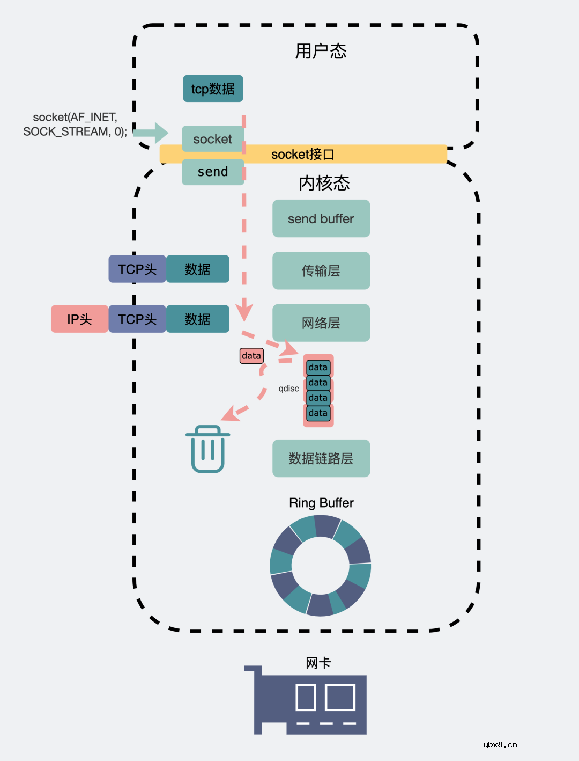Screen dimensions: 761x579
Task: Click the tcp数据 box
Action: [213, 89]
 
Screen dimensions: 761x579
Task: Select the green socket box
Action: [213, 139]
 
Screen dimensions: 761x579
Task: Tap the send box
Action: [213, 172]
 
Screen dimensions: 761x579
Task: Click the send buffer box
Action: [321, 218]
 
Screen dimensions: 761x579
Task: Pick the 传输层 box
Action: [321, 270]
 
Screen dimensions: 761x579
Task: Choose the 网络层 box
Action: [321, 323]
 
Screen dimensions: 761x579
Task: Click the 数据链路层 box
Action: [321, 458]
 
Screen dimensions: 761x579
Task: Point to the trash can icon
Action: [208, 449]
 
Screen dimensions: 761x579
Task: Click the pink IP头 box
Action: [79, 319]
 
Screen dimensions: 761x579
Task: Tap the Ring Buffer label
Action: [321, 503]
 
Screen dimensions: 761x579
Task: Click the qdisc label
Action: [288, 389]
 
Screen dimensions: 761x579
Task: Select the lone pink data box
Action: [251, 356]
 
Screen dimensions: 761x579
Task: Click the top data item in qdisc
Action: [318, 368]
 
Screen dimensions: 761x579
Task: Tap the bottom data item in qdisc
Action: [318, 413]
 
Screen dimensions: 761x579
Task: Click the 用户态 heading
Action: [321, 52]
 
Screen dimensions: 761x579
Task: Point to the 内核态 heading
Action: [324, 183]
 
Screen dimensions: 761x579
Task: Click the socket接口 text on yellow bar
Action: [303, 155]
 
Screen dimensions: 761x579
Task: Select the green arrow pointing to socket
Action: [151, 133]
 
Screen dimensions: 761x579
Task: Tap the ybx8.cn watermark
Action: [500, 744]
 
